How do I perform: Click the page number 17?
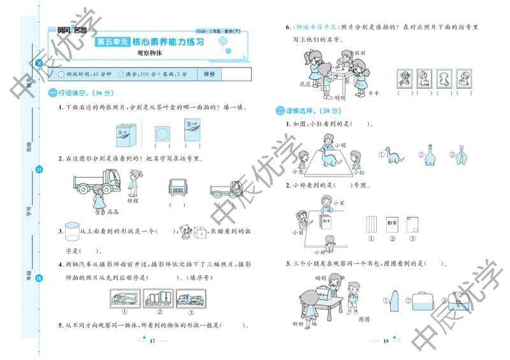(x=152, y=342)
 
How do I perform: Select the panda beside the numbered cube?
(x=185, y=231)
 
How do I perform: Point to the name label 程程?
(x=133, y=200)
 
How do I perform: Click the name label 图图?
(x=364, y=319)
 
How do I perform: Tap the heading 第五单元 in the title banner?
(x=112, y=42)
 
